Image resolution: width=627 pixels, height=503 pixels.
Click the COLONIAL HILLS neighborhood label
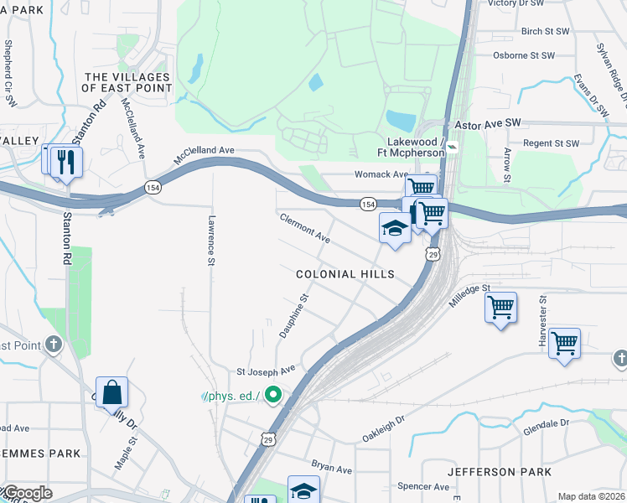[x=345, y=274]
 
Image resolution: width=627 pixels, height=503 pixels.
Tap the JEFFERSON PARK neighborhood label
[x=500, y=472]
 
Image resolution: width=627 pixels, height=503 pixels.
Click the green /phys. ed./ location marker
[x=272, y=393]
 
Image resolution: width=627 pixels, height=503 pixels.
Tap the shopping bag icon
[x=111, y=392]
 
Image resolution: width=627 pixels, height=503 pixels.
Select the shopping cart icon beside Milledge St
[x=500, y=308]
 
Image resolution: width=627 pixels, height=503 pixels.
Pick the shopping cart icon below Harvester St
[x=564, y=342]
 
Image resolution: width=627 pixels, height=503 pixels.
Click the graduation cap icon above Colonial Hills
[x=395, y=228]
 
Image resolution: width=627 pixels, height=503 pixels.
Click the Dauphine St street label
[x=294, y=315]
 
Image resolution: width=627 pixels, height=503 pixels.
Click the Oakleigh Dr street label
[x=384, y=427]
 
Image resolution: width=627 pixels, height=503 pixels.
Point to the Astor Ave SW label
[x=487, y=123]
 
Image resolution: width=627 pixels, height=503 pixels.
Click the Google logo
[x=27, y=493]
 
